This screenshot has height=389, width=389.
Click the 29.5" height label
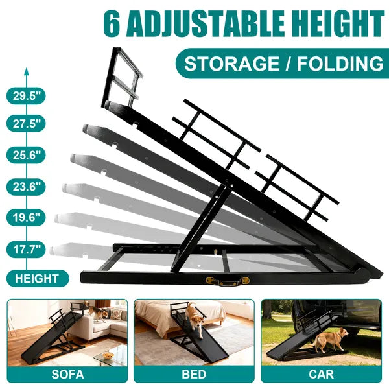click(27, 96)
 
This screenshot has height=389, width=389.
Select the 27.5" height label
click(27, 122)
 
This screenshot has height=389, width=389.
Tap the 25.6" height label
click(27, 155)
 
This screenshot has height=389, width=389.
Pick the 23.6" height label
click(27, 187)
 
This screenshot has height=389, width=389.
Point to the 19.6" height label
click(27, 218)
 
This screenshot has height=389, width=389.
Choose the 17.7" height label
click(27, 248)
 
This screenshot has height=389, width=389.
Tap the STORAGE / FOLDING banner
click(283, 64)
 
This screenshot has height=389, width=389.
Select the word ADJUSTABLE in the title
click(206, 24)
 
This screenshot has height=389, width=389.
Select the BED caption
click(194, 375)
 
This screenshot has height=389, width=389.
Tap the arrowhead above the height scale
click(27, 71)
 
